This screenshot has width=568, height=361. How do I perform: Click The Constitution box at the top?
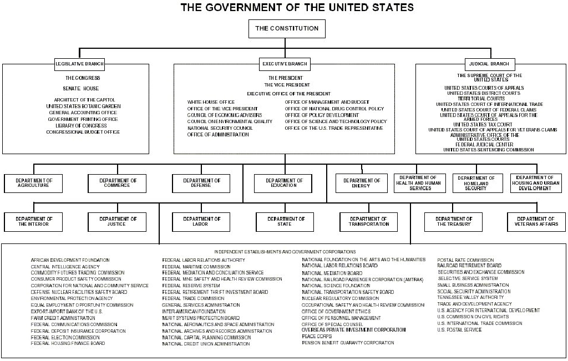coord(287,28)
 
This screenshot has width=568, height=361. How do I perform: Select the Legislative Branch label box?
coord(80,64)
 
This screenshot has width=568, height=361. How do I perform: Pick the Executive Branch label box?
coord(285,64)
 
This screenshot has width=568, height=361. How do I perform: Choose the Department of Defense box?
coord(201,182)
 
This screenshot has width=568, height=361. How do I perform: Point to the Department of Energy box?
coord(362,182)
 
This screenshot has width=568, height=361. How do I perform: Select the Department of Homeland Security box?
coord(476,183)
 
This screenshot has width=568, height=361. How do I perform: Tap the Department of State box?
coord(284,221)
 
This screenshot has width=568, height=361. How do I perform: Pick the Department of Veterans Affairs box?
coord(536,221)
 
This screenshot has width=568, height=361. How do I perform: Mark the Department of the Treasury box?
coord(453,221)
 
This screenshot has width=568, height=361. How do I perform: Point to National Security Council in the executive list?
coord(220,128)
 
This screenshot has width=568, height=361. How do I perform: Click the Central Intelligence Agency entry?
coord(65,266)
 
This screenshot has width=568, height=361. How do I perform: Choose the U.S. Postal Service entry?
coord(459,329)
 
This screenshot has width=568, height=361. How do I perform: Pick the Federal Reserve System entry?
coord(191,286)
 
